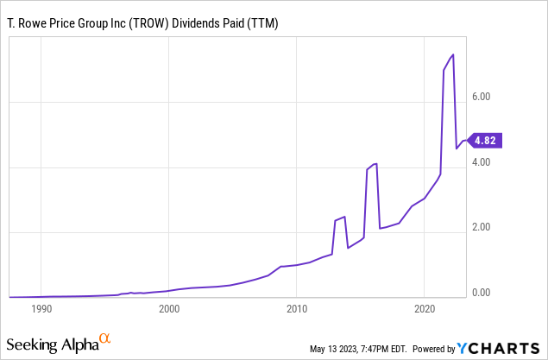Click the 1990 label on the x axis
tap(41, 308)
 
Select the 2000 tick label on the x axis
tap(169, 308)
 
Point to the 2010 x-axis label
tap(297, 308)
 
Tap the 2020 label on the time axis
tap(425, 308)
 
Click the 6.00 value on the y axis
tap(480, 98)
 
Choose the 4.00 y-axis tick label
tap(480, 162)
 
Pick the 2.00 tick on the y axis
tap(480, 227)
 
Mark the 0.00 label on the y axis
tap(480, 293)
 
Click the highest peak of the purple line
tap(453, 55)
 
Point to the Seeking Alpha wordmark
tap(54, 344)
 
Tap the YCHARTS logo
tap(499, 348)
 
